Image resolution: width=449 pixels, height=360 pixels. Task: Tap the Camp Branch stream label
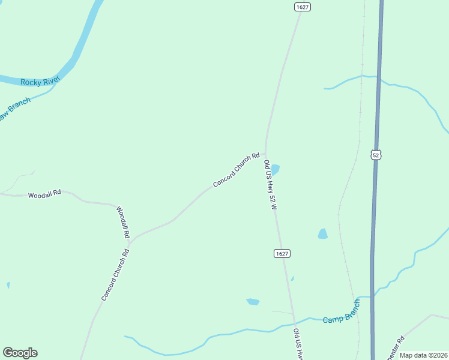point(342,314)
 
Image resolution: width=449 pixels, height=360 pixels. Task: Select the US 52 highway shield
point(376,155)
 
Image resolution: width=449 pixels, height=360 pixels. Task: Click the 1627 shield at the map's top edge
point(303,7)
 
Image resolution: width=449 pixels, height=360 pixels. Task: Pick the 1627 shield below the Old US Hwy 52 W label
point(283,254)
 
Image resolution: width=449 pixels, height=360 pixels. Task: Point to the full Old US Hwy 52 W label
point(270,185)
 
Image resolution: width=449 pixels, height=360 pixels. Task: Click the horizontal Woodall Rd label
point(44,194)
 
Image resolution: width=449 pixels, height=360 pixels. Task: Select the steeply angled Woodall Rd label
point(123,223)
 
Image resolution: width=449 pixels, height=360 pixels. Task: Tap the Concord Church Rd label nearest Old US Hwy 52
point(237,169)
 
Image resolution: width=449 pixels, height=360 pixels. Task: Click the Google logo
point(20,353)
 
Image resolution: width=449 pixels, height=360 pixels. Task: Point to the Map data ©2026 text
point(423,355)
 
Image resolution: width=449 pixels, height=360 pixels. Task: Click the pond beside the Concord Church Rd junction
point(275,169)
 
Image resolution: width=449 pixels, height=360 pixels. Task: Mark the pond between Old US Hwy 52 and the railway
point(323,233)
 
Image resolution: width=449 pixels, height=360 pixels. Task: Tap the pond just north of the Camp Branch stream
point(253,301)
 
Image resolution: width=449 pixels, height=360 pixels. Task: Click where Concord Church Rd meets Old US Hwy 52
point(265,153)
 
